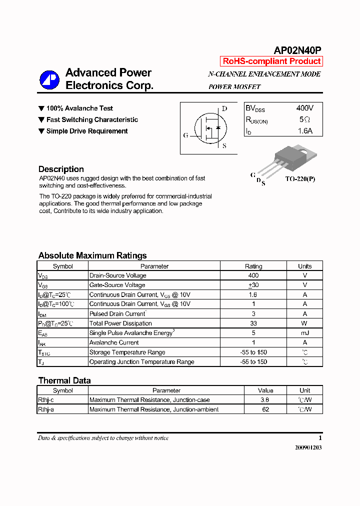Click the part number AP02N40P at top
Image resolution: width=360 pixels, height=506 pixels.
(x=297, y=50)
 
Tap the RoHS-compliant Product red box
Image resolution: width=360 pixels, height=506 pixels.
(x=271, y=61)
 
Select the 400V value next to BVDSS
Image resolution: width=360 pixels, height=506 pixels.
(x=304, y=108)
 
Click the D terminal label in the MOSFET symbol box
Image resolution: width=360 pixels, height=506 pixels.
(x=224, y=108)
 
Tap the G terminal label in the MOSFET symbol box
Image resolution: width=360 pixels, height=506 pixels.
(x=185, y=135)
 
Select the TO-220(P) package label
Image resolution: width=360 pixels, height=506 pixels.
(x=300, y=179)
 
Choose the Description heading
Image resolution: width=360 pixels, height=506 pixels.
(x=61, y=169)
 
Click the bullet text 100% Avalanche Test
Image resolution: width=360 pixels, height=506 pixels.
(x=79, y=108)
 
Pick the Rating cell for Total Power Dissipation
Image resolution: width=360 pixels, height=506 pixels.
(x=253, y=323)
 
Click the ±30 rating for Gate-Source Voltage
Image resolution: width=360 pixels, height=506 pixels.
(x=253, y=285)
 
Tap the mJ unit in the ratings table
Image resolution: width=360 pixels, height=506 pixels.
(x=304, y=333)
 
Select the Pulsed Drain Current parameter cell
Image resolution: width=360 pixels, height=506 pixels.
(x=117, y=314)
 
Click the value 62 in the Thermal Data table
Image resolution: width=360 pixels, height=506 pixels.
(x=265, y=409)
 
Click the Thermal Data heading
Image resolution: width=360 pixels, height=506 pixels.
(x=64, y=380)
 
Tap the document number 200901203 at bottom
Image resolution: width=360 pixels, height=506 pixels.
(x=305, y=448)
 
